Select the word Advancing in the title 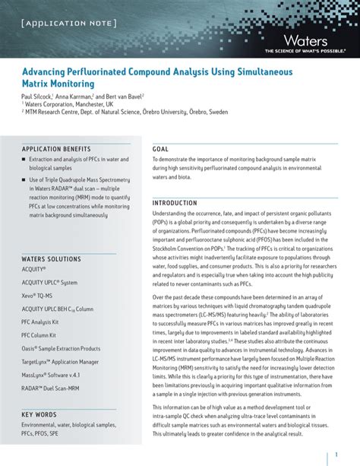click(x=46, y=70)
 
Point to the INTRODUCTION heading click(x=175, y=203)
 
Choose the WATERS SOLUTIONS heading click(x=51, y=259)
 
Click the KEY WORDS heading click(x=39, y=414)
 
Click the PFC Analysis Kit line click(x=39, y=322)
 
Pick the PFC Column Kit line click(x=39, y=335)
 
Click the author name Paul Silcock click(x=39, y=98)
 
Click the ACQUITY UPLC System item click(x=49, y=282)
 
